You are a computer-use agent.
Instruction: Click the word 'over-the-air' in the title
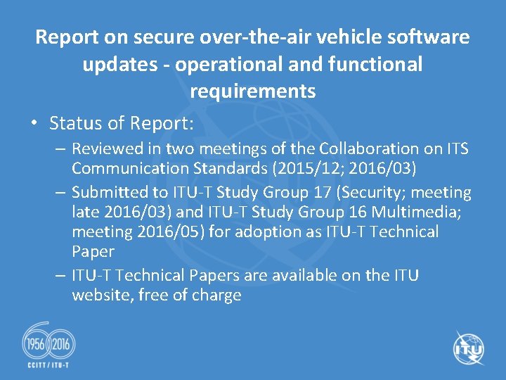coord(254,37)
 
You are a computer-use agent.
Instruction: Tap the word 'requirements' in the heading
coord(252,91)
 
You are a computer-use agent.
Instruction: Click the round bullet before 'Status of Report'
coord(34,124)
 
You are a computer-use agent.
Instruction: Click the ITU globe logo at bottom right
coord(468,349)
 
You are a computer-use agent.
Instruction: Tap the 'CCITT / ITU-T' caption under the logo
coord(48,365)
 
